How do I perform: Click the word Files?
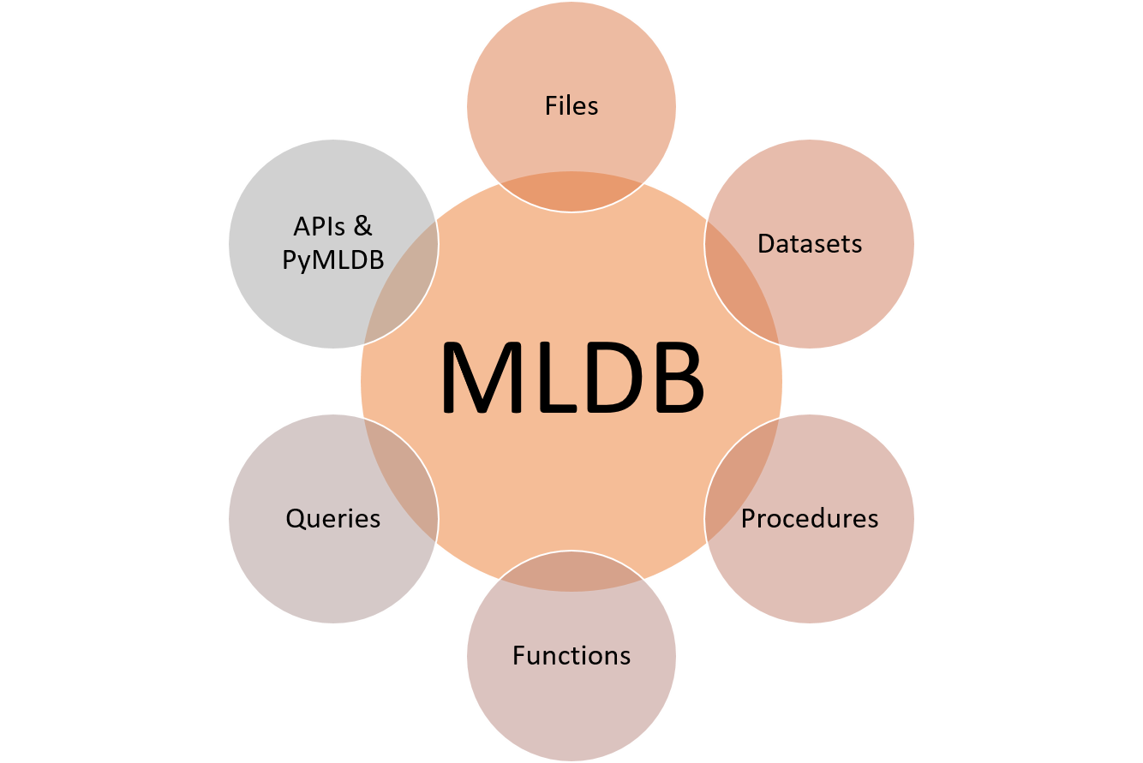[x=571, y=106]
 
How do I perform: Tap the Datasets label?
[x=810, y=244]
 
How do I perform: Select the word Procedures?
[x=810, y=519]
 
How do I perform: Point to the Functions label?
[x=571, y=656]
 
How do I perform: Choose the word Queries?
[x=333, y=519]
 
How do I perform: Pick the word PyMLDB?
[x=333, y=259]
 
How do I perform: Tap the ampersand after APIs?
[x=362, y=228]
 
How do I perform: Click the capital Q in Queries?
[x=296, y=519]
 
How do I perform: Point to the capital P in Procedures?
[x=749, y=519]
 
